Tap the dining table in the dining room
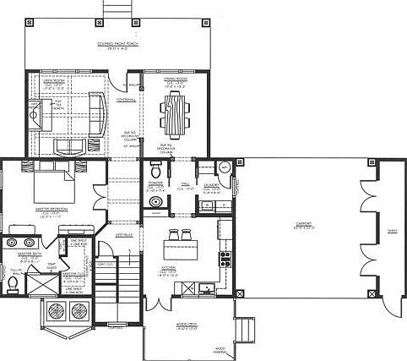[174, 112]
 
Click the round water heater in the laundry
[225, 167]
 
